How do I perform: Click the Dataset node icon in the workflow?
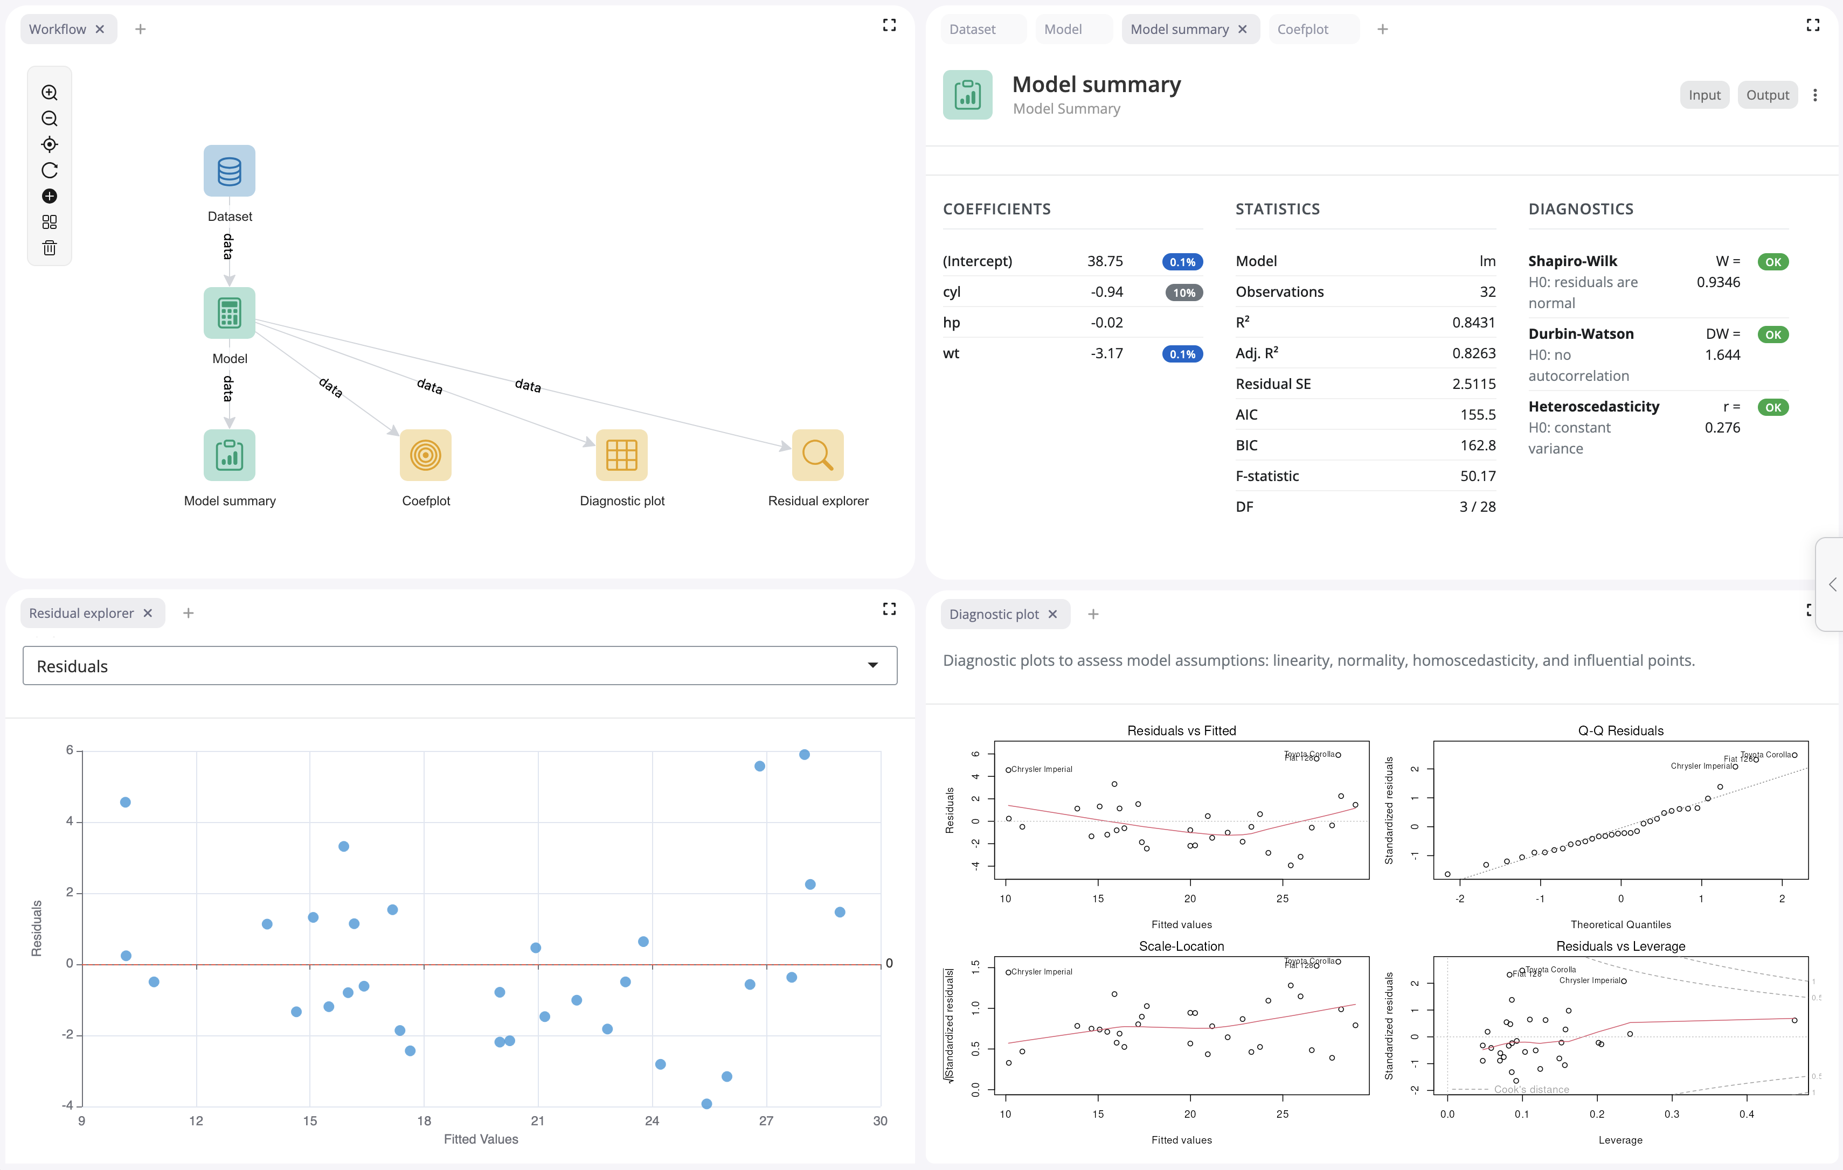229,171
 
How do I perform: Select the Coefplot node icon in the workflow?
426,455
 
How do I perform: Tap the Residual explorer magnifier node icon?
817,455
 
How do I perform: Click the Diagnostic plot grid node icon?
621,455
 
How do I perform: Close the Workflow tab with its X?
100,29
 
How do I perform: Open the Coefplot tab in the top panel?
1302,29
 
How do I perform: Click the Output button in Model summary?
1766,95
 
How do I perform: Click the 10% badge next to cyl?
1183,292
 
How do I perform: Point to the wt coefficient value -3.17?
1107,353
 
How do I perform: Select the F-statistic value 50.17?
1477,476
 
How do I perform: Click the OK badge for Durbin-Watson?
1772,335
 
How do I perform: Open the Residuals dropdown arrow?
872,665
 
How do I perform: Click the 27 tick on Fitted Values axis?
766,1120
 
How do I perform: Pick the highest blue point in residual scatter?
805,755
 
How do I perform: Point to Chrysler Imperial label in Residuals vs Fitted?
1041,769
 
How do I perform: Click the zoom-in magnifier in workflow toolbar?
50,93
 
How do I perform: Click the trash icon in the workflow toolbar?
50,248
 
